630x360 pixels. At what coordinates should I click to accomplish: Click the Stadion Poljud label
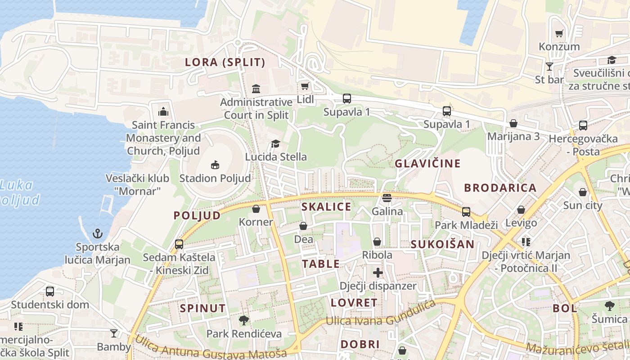pyautogui.click(x=215, y=178)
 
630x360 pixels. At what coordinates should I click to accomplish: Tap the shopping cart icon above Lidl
pyautogui.click(x=305, y=86)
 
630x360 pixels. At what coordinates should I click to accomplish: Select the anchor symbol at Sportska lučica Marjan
pyautogui.click(x=98, y=234)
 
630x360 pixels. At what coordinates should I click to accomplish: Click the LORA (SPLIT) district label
pyautogui.click(x=225, y=63)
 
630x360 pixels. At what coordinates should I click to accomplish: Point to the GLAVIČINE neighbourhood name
pyautogui.click(x=427, y=163)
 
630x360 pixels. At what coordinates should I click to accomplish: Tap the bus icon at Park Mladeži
pyautogui.click(x=466, y=211)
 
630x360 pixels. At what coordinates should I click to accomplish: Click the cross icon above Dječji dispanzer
pyautogui.click(x=378, y=273)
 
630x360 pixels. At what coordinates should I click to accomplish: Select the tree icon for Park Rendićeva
pyautogui.click(x=244, y=320)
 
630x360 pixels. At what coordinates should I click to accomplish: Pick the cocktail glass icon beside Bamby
pyautogui.click(x=114, y=333)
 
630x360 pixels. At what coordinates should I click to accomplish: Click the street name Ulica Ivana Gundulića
pyautogui.click(x=380, y=315)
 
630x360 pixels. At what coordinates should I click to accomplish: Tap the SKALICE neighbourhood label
pyautogui.click(x=326, y=207)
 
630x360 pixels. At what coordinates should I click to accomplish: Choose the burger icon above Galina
pyautogui.click(x=387, y=198)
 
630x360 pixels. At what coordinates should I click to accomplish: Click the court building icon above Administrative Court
pyautogui.click(x=256, y=89)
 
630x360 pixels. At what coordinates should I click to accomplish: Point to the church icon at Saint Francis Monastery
pyautogui.click(x=163, y=111)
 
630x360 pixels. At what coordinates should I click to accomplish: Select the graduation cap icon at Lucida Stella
pyautogui.click(x=275, y=144)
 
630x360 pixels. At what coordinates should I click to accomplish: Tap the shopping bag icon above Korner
pyautogui.click(x=256, y=209)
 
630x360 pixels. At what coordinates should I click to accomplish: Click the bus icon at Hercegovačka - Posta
pyautogui.click(x=583, y=126)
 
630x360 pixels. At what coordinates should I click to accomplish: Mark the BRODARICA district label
pyautogui.click(x=500, y=188)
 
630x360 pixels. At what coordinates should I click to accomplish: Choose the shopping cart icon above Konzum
pyautogui.click(x=559, y=33)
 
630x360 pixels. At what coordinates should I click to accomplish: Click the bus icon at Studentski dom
pyautogui.click(x=50, y=291)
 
